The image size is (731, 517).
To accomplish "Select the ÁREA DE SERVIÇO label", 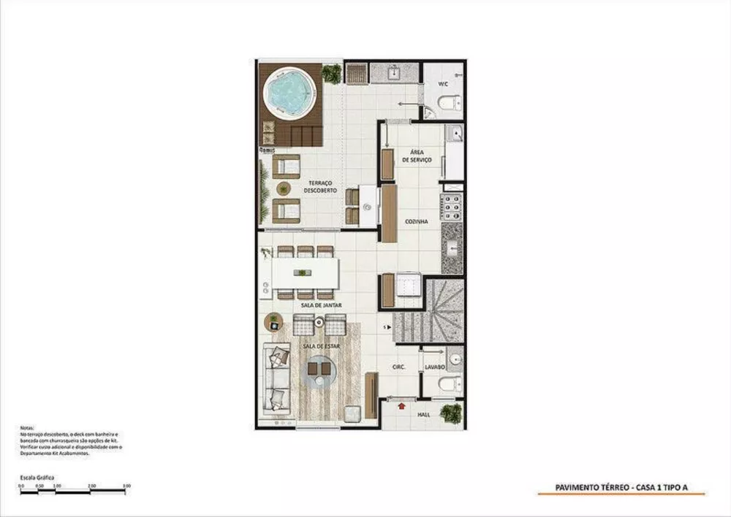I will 415,156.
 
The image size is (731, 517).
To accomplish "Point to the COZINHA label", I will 417,221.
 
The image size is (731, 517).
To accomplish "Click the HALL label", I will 423,413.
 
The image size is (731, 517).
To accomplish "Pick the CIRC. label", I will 399,367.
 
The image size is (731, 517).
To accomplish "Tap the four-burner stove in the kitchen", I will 450,207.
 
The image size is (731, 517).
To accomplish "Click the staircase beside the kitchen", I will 431,310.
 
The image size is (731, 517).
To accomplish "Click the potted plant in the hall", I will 450,413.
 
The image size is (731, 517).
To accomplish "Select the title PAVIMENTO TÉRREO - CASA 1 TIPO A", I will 621,489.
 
